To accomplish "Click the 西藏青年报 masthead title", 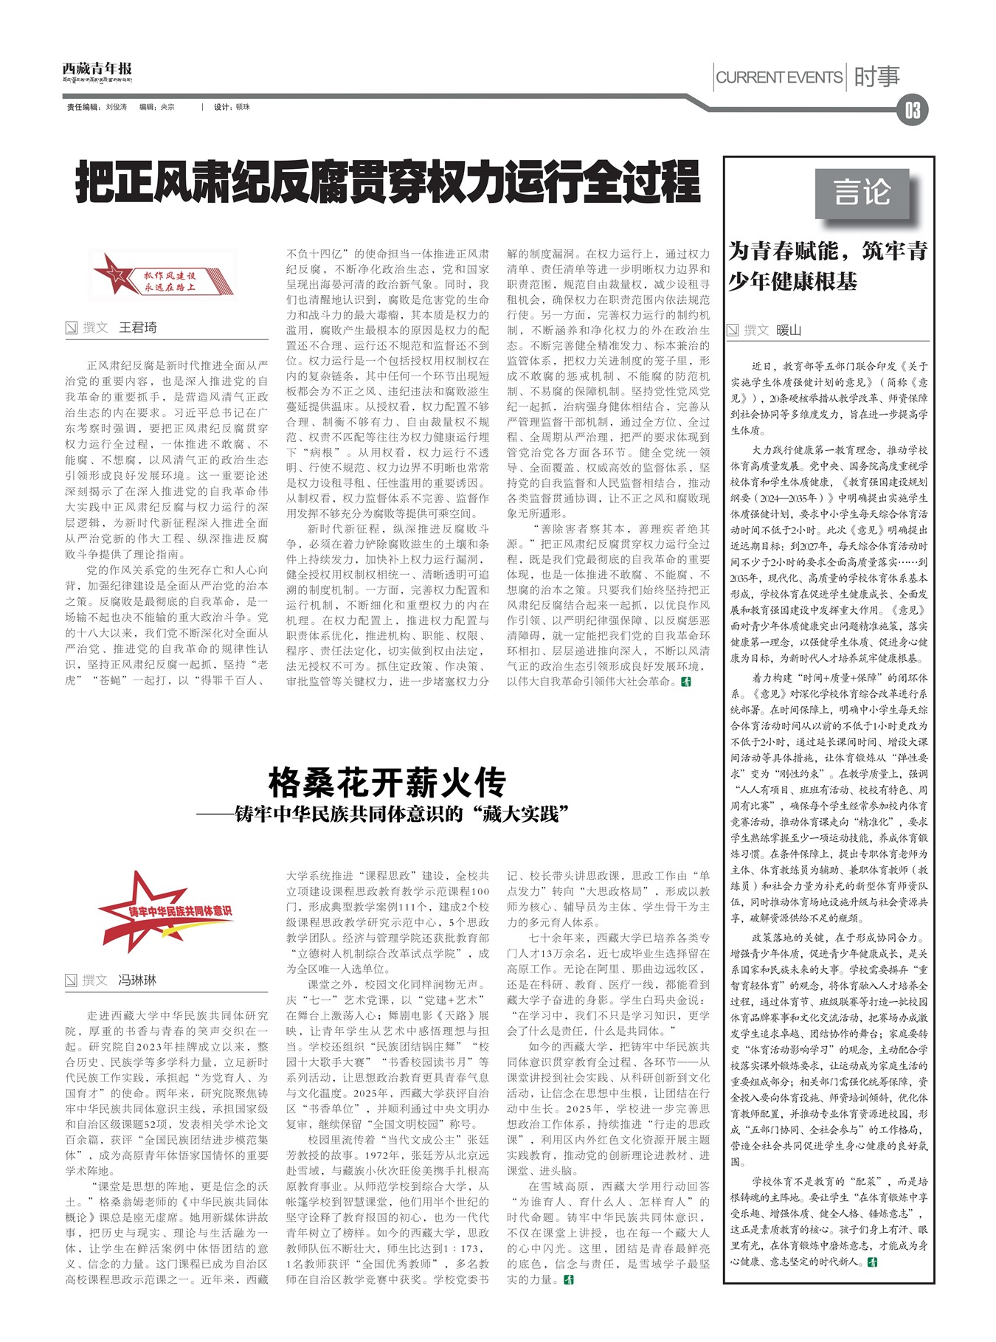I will [97, 69].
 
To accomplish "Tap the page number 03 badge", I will [913, 110].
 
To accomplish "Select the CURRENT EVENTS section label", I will [779, 77].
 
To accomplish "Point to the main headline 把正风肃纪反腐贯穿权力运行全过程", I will [387, 183].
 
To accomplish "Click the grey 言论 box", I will [862, 193].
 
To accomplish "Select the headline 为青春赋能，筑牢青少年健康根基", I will [828, 266].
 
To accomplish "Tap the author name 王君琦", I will [138, 328].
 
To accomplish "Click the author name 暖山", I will [789, 330].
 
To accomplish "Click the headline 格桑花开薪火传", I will [387, 783].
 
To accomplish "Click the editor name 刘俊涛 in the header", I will [116, 107].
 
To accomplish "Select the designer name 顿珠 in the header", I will [243, 107].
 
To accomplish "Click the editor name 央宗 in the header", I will [167, 107].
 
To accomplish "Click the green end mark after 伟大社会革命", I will [686, 682].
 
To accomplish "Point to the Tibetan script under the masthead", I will [97, 80].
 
